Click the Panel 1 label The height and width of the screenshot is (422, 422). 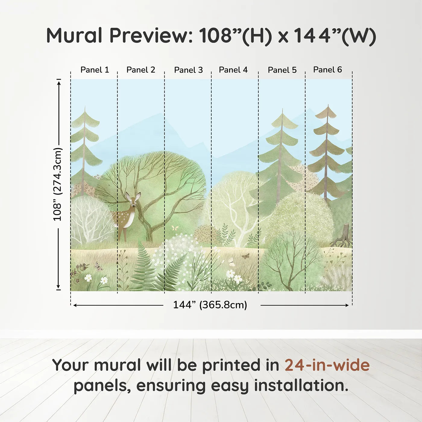[95, 70]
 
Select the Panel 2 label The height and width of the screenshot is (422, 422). [141, 70]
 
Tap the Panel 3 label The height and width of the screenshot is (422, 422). [188, 70]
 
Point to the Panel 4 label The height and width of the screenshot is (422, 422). [233, 70]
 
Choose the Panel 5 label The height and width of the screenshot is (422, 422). [282, 70]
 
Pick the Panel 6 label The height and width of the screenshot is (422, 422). [327, 70]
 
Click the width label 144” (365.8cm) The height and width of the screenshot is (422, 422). [210, 305]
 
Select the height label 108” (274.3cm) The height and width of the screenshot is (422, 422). [58, 184]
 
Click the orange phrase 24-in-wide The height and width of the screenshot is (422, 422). [327, 365]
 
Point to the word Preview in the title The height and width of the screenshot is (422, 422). [151, 36]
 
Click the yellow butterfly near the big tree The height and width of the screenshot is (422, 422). [175, 228]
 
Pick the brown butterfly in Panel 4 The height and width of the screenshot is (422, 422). [245, 256]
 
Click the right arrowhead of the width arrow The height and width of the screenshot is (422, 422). [347, 305]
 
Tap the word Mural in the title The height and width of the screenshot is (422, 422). [74, 36]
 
